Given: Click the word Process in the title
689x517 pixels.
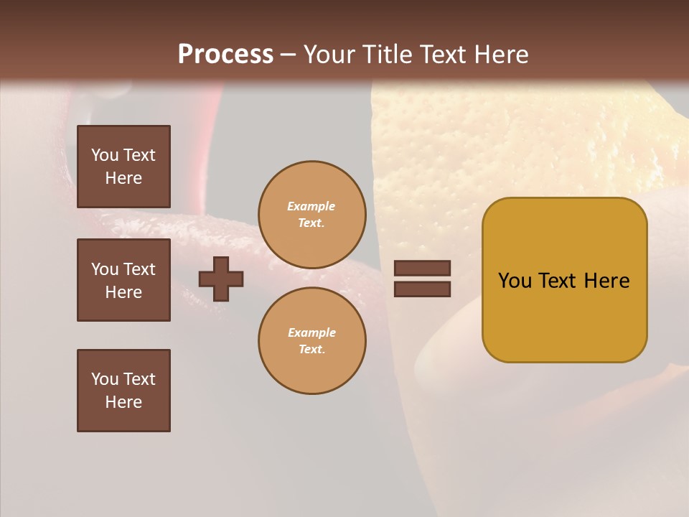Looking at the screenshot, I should (225, 55).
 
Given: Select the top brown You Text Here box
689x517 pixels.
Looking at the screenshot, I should (123, 167).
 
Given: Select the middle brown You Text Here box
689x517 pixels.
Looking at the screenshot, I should (123, 280).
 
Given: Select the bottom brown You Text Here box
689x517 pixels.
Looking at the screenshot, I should (123, 391).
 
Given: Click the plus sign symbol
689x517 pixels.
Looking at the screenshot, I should (221, 279).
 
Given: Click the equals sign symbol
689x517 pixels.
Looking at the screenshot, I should (422, 279).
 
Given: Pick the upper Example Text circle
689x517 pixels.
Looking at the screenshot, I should (311, 215).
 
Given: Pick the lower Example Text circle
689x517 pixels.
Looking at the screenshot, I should (311, 340).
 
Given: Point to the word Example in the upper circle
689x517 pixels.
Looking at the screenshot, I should (311, 206).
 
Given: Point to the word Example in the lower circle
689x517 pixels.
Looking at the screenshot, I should (311, 332).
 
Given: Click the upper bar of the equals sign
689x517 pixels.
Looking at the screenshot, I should (422, 269).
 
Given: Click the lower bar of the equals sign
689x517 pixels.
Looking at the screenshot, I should (422, 289).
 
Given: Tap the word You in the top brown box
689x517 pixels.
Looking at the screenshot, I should (105, 155).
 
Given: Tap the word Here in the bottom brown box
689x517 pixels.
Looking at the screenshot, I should (123, 402).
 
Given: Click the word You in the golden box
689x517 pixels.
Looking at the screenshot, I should (515, 281).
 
